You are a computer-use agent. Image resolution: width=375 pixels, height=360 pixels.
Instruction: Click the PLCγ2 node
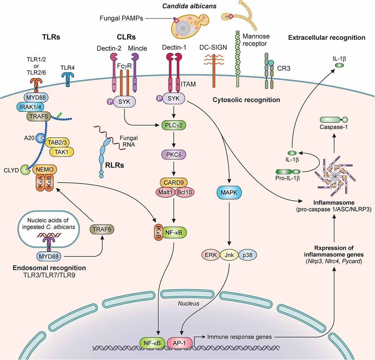tap(174, 126)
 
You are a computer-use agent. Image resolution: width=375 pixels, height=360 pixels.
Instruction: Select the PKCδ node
tap(174, 154)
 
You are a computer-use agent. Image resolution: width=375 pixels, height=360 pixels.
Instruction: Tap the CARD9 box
tap(174, 182)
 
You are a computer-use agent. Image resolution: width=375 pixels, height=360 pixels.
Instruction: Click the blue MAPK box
tap(229, 192)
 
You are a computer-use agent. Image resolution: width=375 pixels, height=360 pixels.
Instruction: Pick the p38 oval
tap(247, 255)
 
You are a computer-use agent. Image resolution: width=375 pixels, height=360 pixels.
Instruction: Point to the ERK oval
tap(211, 255)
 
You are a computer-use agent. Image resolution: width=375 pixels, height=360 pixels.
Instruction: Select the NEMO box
tap(44, 170)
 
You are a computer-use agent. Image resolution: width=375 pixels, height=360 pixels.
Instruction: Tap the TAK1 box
tap(62, 152)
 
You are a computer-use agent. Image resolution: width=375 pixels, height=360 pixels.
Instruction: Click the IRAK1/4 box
tap(30, 107)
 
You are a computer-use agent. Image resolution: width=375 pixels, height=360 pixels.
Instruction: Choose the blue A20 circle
tap(40, 138)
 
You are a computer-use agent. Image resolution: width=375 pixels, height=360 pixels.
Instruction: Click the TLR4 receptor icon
tap(67, 79)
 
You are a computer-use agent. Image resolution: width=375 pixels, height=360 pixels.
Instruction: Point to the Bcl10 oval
tap(184, 192)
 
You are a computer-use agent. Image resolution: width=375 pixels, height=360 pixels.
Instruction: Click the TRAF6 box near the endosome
tap(102, 229)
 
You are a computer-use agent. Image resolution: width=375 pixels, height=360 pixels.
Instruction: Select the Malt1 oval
tap(165, 192)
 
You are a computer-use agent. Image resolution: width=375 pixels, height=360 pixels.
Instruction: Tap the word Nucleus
tap(188, 303)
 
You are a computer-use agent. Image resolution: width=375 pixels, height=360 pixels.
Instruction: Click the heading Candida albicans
tap(189, 6)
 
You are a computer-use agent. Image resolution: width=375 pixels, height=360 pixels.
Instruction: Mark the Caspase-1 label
tap(333, 127)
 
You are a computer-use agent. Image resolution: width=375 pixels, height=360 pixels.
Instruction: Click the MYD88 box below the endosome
tap(49, 256)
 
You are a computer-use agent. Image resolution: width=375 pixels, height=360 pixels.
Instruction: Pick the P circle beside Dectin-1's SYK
tap(159, 98)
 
